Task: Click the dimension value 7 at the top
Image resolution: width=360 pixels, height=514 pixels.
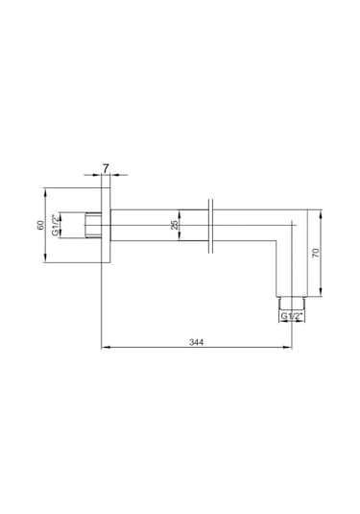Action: (106, 168)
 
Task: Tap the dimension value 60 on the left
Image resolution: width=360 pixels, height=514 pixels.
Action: (40, 225)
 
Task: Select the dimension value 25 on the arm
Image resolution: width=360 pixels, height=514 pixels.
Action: (175, 225)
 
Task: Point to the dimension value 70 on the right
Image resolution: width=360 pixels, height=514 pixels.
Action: (316, 253)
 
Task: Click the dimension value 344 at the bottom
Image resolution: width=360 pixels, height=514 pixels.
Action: (196, 342)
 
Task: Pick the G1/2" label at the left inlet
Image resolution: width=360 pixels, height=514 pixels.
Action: (57, 225)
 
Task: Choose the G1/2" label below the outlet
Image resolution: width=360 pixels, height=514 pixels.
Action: (291, 316)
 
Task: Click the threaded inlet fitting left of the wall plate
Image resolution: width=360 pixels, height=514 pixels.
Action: (93, 225)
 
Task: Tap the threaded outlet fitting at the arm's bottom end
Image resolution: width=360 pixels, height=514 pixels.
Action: (292, 303)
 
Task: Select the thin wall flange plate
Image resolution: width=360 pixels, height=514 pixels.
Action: (106, 225)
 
